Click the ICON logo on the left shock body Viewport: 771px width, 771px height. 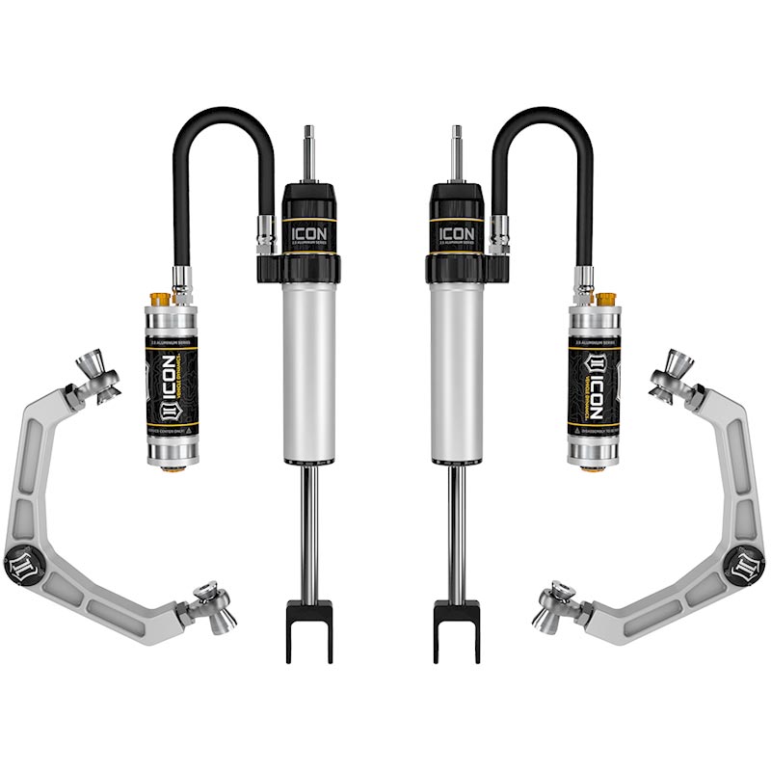[x=309, y=233]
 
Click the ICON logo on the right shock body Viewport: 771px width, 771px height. [x=456, y=233]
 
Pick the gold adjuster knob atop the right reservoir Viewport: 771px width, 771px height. [x=607, y=298]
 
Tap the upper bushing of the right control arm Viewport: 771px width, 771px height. [x=671, y=372]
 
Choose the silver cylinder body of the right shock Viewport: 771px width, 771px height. [x=457, y=376]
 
